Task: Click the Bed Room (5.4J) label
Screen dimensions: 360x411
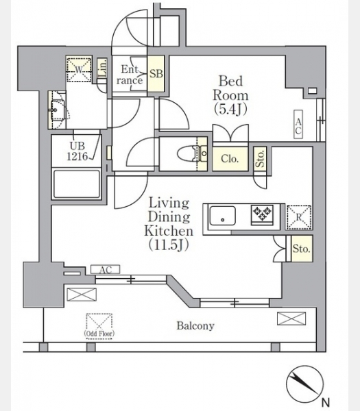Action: point(230,95)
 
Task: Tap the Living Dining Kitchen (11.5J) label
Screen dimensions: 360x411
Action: point(169,224)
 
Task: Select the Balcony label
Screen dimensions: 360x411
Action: point(195,326)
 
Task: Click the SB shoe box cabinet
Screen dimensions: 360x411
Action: point(156,73)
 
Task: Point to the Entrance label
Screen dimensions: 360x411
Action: point(130,75)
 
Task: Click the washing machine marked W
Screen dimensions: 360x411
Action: point(79,69)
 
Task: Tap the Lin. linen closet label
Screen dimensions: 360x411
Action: point(103,68)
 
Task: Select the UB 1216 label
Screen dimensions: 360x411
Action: point(77,151)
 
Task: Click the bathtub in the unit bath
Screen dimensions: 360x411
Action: point(77,184)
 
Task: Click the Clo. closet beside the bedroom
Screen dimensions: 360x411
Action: point(230,159)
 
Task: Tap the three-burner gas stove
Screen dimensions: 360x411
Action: point(263,214)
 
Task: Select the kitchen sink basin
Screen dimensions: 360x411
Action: point(222,215)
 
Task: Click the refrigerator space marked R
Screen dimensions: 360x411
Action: point(299,217)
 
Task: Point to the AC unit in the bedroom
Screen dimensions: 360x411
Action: point(298,124)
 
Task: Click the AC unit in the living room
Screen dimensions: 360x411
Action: point(105,269)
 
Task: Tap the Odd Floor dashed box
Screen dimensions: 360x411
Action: point(99,326)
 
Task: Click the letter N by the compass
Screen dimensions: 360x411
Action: point(325,402)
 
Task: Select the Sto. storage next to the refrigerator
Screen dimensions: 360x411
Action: point(302,249)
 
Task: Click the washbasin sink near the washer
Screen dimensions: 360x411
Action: point(58,110)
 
